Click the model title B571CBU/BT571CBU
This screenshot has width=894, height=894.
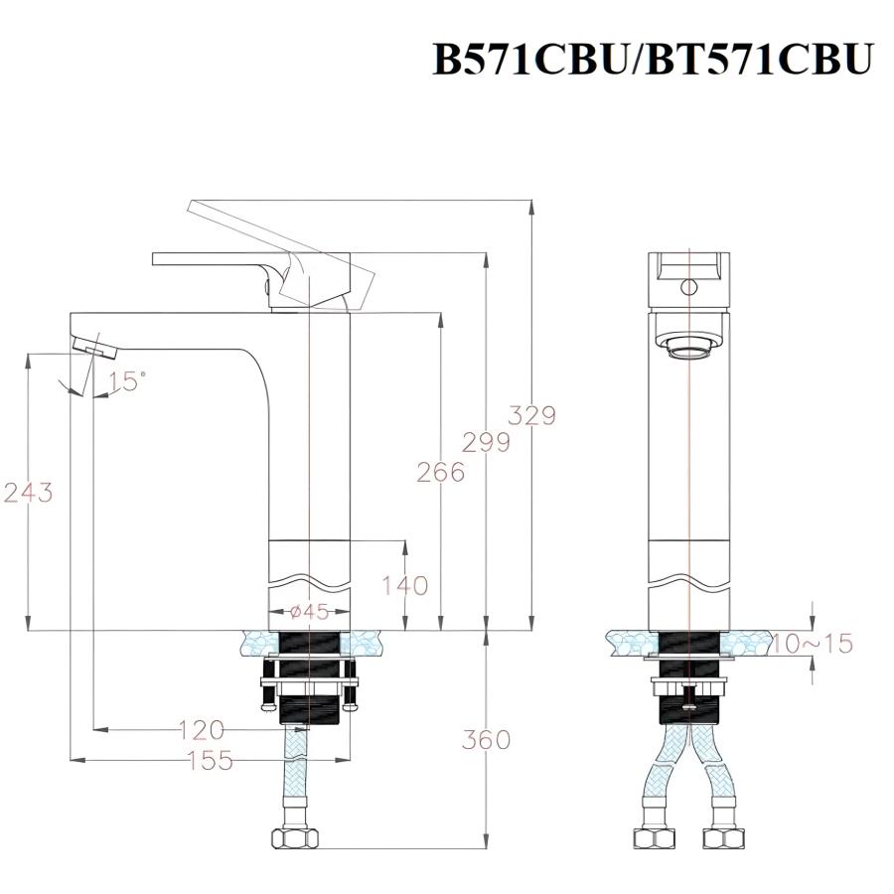click(x=652, y=59)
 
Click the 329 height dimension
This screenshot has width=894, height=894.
click(x=531, y=414)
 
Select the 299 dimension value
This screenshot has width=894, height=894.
click(x=486, y=442)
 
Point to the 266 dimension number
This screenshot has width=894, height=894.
click(x=440, y=472)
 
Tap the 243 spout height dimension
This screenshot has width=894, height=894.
click(x=29, y=492)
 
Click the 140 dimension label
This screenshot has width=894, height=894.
click(x=404, y=585)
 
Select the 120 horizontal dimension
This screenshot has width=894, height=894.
click(x=201, y=731)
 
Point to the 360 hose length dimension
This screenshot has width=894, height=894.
click(x=486, y=740)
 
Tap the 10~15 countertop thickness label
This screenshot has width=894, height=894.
click(x=813, y=644)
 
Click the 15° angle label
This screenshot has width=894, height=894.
click(x=127, y=380)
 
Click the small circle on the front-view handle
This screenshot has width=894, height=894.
click(x=687, y=288)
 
